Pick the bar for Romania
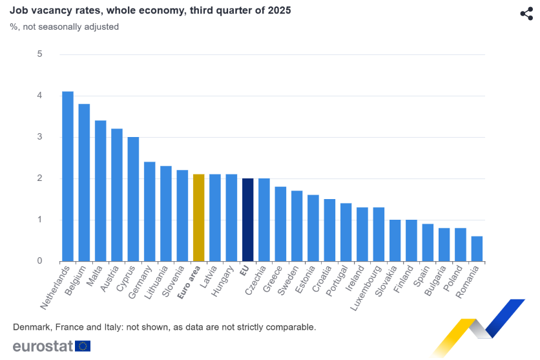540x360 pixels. click(477, 249)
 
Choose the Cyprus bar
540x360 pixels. click(133, 199)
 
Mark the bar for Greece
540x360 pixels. click(280, 224)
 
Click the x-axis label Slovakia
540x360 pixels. click(387, 279)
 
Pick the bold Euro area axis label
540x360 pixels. click(190, 281)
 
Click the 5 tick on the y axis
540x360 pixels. click(40, 54)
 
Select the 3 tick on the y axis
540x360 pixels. click(40, 137)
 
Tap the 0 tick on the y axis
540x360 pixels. click(40, 261)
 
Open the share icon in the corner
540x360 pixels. click(526, 14)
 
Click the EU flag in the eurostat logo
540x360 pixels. click(83, 346)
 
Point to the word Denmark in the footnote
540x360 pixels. click(31, 327)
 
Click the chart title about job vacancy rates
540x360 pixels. click(150, 11)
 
